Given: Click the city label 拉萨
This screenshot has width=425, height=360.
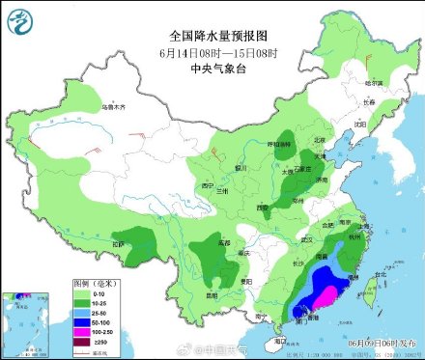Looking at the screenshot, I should pyautogui.click(x=118, y=246).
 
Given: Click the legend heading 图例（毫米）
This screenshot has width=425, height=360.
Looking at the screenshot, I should pyautogui.click(x=94, y=282).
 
